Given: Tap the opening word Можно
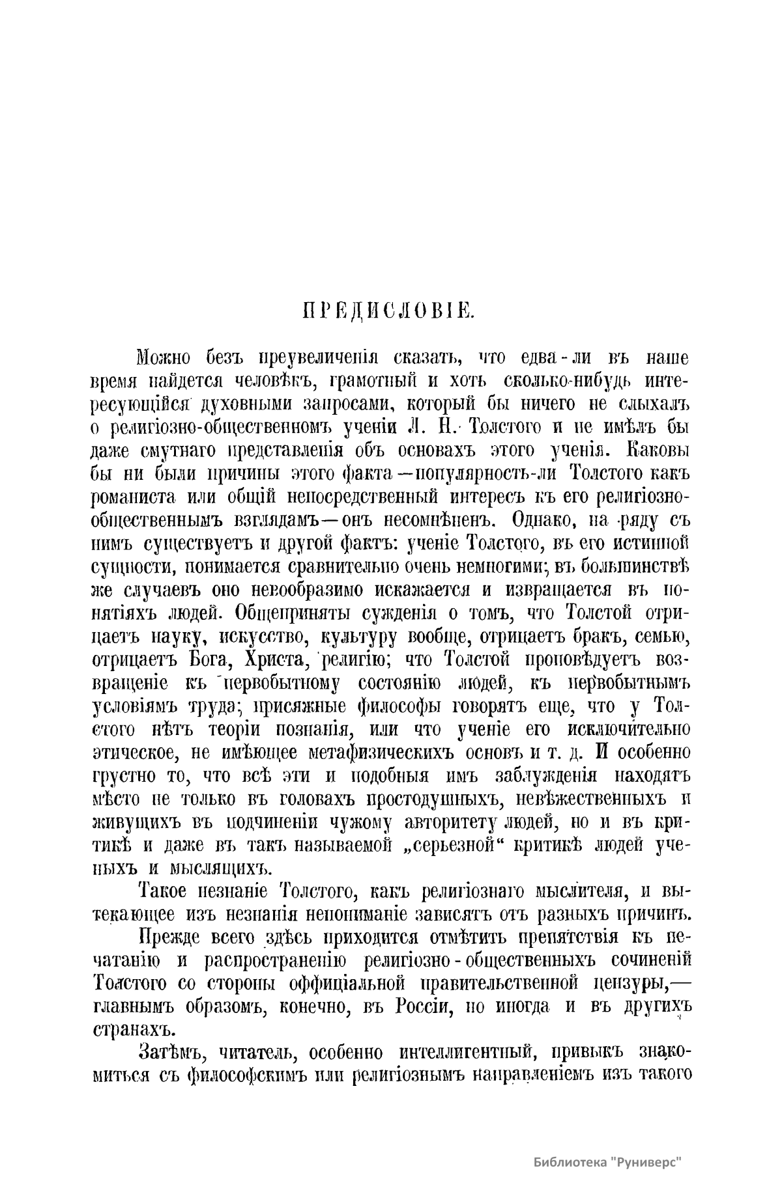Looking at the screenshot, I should (163, 357).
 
